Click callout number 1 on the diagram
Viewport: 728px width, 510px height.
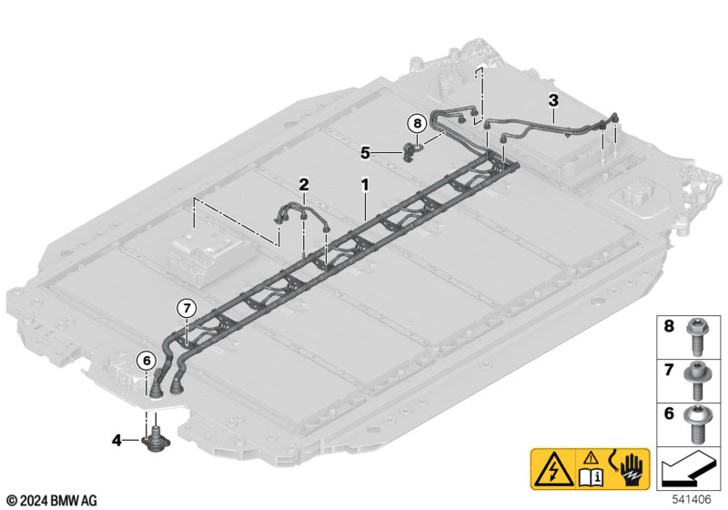coord(365,184)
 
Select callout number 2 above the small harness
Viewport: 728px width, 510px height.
coord(304,184)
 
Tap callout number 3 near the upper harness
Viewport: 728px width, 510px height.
coord(552,98)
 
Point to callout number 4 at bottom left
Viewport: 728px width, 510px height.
coord(116,441)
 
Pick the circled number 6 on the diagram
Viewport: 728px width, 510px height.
coord(146,361)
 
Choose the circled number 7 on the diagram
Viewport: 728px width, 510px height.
coord(186,308)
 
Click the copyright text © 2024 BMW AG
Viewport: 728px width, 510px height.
coord(52,500)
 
